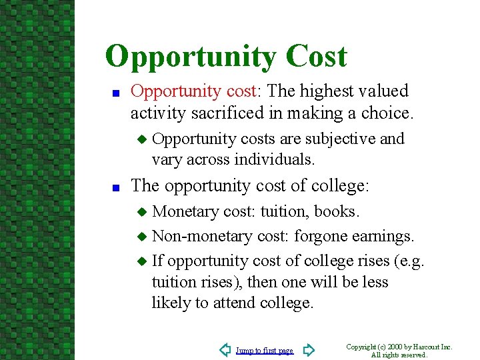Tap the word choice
click(389, 113)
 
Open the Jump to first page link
click(264, 351)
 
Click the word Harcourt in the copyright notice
click(427, 347)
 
